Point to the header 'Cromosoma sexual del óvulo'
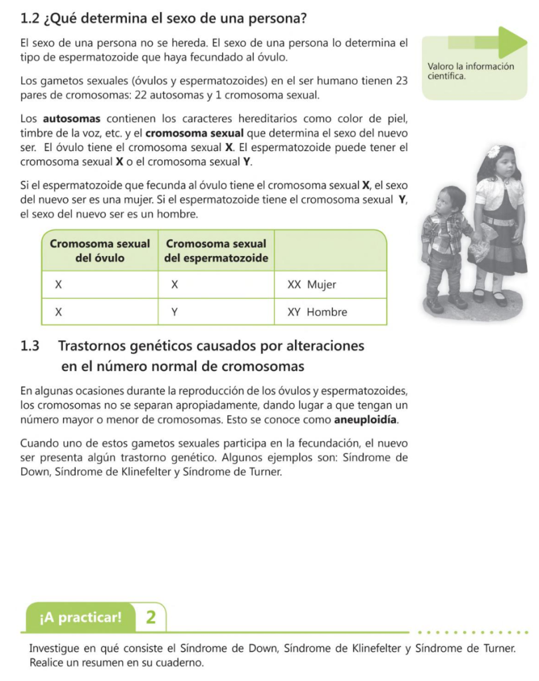100,251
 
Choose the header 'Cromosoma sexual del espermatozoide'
216,251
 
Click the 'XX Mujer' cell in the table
312,285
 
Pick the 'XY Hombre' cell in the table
317,312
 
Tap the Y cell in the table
175,312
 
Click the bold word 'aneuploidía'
369,420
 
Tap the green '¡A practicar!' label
80,617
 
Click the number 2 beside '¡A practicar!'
151,617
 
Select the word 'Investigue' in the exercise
54,648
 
